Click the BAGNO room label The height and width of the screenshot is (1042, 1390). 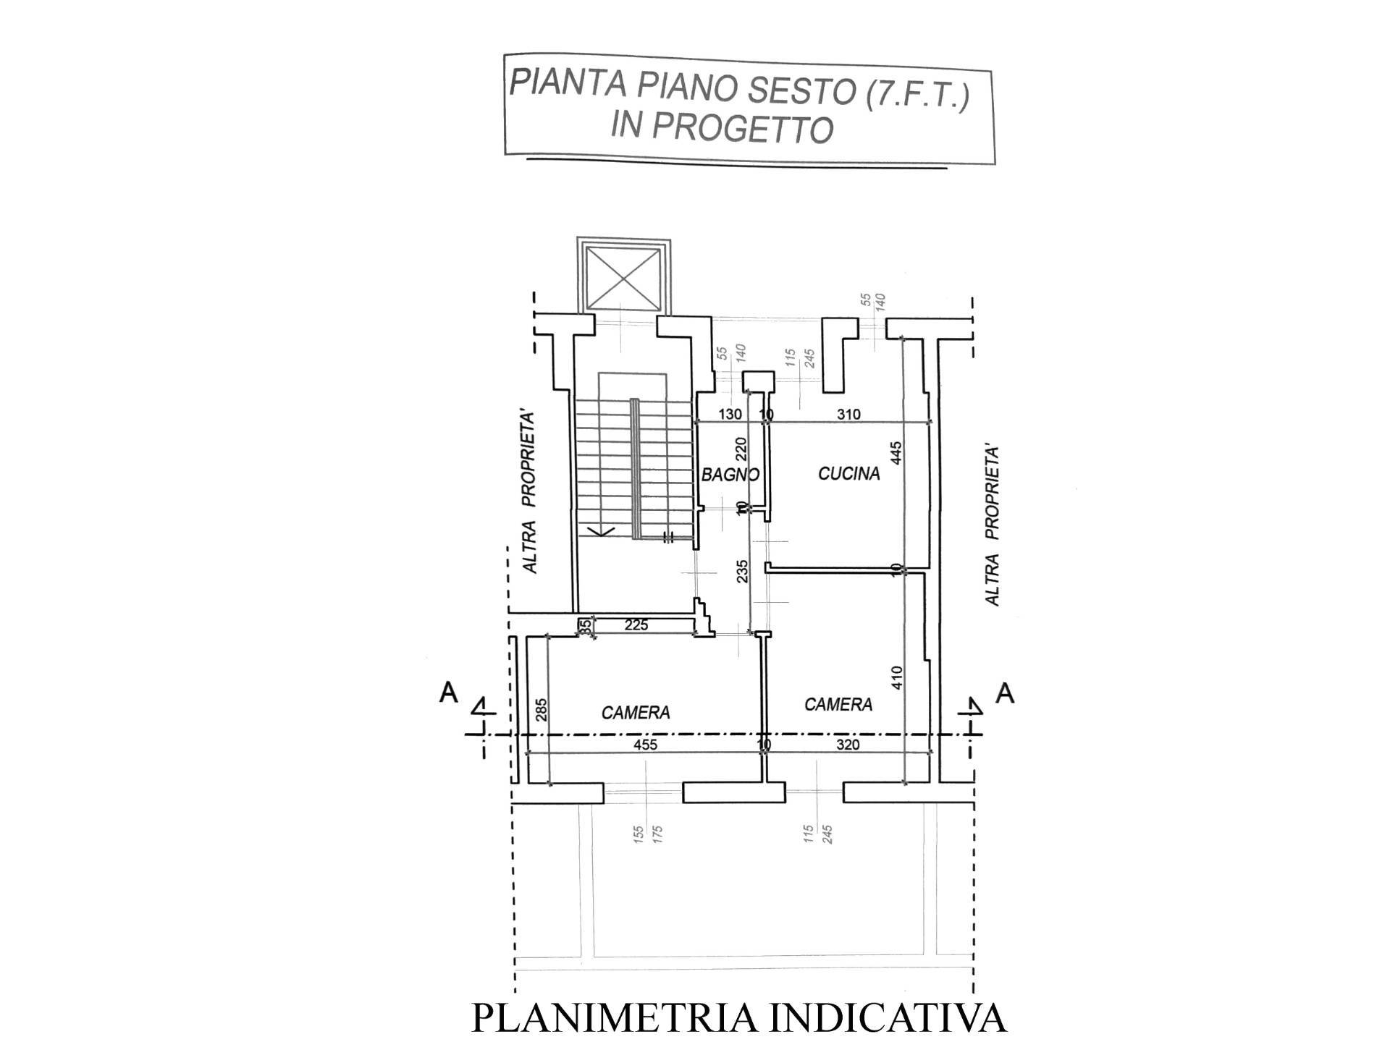(x=730, y=475)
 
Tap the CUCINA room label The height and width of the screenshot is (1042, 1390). (x=848, y=474)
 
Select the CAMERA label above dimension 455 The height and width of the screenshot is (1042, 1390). (x=636, y=713)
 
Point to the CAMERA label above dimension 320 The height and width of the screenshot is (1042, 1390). (x=838, y=704)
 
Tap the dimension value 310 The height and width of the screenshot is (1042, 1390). (x=848, y=415)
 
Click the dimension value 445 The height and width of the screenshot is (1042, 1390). (x=897, y=453)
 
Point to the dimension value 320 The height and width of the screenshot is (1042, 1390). (x=848, y=745)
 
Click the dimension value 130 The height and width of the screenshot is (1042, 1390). (x=730, y=415)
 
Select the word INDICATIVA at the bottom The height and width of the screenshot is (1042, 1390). (x=887, y=1018)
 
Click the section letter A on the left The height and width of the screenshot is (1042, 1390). (x=449, y=693)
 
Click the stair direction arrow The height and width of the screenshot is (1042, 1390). (x=600, y=533)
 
